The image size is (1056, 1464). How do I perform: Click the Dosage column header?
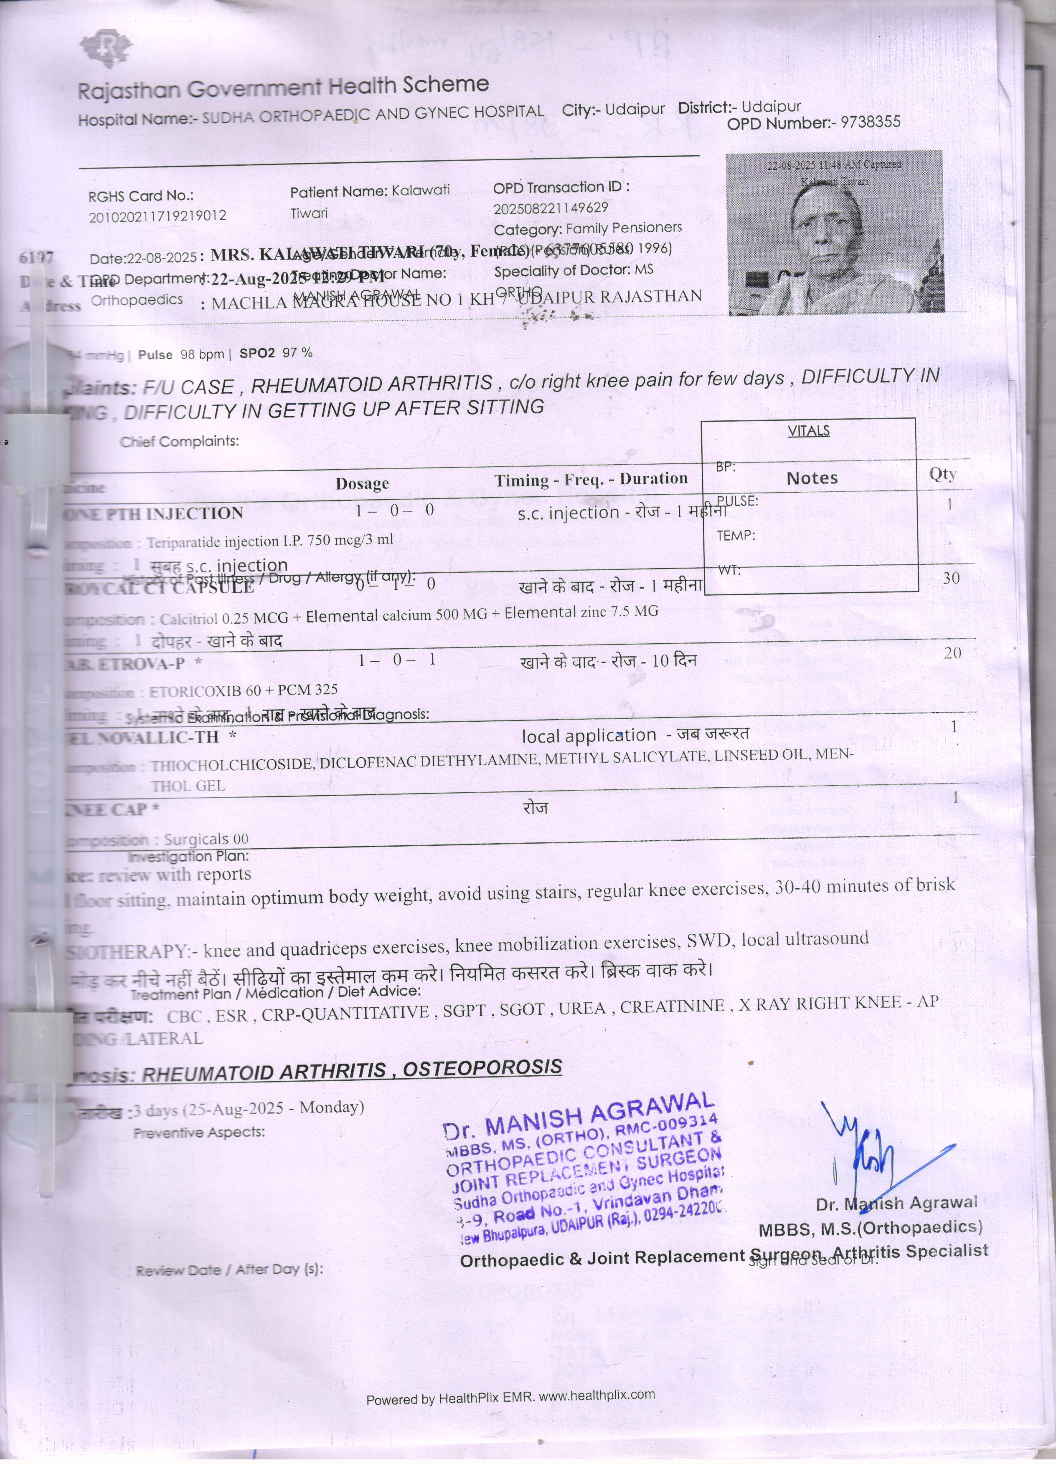click(x=362, y=483)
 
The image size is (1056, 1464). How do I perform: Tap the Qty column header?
click(x=942, y=475)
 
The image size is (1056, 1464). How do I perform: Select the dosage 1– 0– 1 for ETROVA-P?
click(x=396, y=659)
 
